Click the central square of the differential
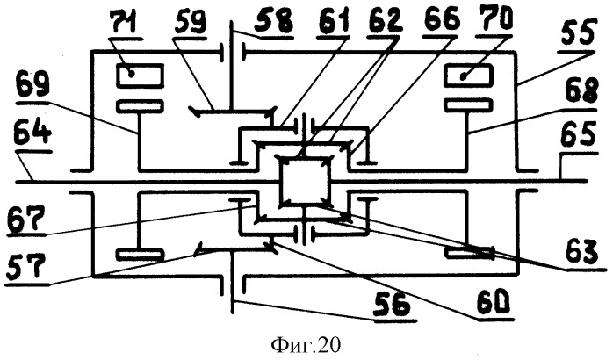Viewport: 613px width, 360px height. [303, 180]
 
